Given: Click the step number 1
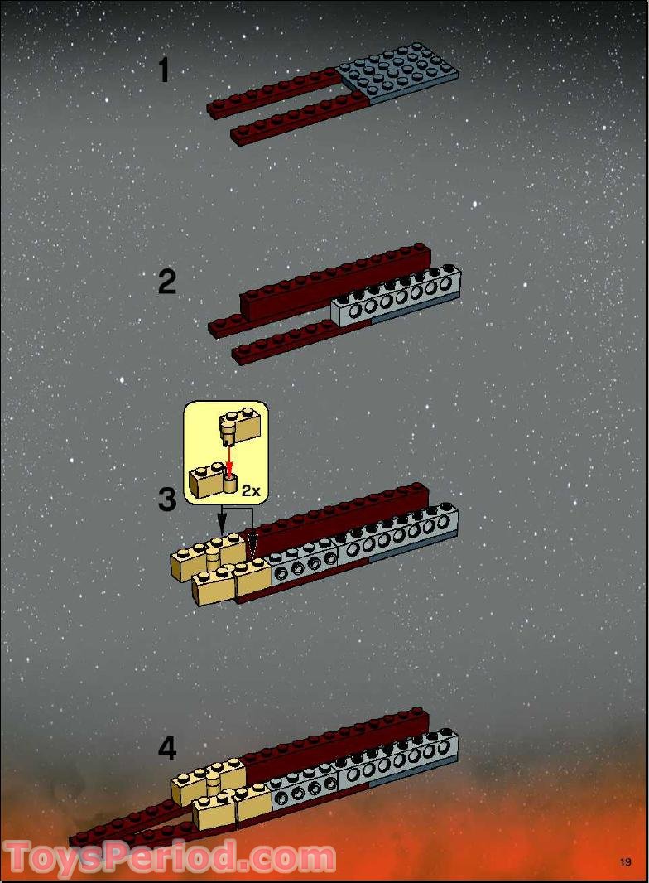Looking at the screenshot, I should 164,70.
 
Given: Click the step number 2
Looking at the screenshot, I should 166,282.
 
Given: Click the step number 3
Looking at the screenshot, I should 167,499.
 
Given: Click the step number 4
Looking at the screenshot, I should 167,749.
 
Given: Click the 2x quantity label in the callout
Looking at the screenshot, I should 251,490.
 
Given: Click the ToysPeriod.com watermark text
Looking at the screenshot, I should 170,857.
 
